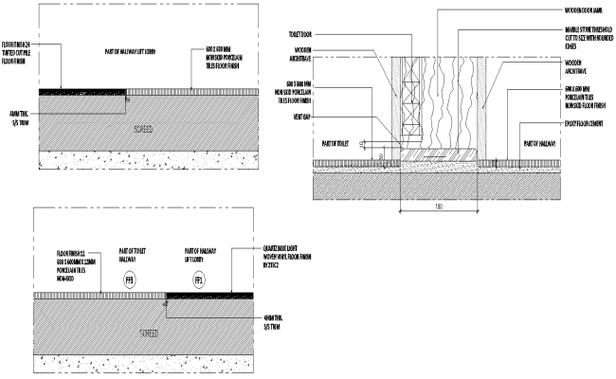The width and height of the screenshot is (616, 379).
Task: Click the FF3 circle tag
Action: point(129,280)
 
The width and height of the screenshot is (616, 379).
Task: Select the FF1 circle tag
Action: point(199,280)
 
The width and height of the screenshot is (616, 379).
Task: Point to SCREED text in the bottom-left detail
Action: point(151,334)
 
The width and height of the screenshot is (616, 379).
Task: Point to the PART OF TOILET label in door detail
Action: point(336,145)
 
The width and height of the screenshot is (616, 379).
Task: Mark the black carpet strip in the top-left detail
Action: point(82,91)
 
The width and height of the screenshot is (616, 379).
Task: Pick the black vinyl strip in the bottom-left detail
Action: point(209,295)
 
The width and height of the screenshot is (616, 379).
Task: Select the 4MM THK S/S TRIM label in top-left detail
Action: point(18,117)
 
